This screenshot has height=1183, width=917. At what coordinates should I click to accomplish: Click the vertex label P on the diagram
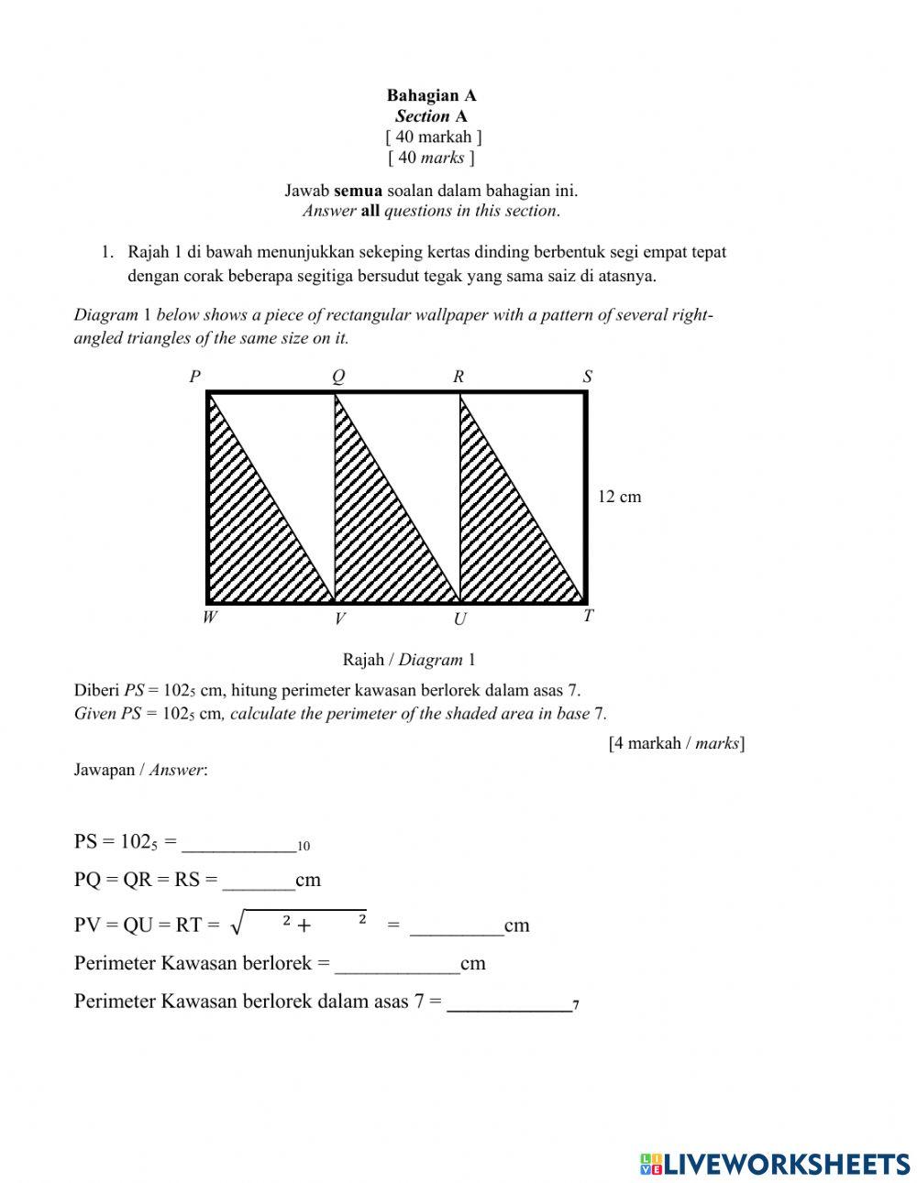tap(194, 377)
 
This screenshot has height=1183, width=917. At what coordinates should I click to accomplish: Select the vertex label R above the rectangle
tap(458, 377)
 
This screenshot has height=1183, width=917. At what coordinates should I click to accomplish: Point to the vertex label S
tap(588, 377)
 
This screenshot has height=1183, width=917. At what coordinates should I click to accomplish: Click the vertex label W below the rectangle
tap(210, 618)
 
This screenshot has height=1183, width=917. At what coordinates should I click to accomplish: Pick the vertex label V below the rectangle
tap(339, 619)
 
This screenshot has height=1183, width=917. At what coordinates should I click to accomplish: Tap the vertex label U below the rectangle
tap(460, 619)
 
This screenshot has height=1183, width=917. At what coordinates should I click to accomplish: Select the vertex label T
tap(589, 617)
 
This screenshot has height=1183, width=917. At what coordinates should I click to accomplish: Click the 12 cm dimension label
tap(620, 497)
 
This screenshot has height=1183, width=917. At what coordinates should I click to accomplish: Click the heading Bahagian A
tap(431, 95)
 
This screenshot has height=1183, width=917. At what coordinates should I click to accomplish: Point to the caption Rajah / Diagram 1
tap(409, 660)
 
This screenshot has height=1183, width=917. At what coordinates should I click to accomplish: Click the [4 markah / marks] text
tap(676, 743)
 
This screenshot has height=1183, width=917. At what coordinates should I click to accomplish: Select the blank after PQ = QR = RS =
tap(259, 881)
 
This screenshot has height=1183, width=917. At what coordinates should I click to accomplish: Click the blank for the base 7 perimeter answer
tap(508, 1002)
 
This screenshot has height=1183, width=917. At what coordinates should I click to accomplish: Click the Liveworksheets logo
tap(775, 1164)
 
